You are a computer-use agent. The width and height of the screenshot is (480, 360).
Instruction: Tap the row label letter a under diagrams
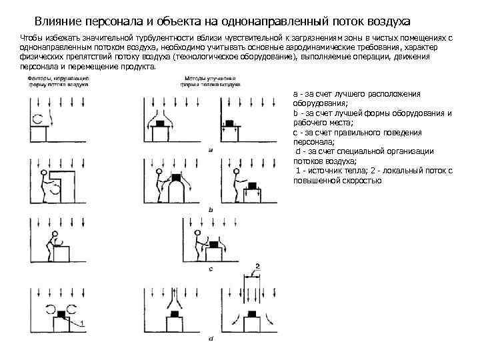[x=211, y=150]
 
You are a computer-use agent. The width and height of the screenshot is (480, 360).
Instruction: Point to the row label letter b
[x=211, y=209]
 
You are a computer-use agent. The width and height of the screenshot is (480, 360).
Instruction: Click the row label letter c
[x=211, y=269]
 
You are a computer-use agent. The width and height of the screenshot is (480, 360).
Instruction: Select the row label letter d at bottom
[x=211, y=339]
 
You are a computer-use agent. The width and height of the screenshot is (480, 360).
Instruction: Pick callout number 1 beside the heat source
[x=82, y=323]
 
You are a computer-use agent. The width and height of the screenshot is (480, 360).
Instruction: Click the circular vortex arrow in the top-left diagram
[x=39, y=119]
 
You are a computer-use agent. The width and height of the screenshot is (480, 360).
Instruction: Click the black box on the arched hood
[x=177, y=178]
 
